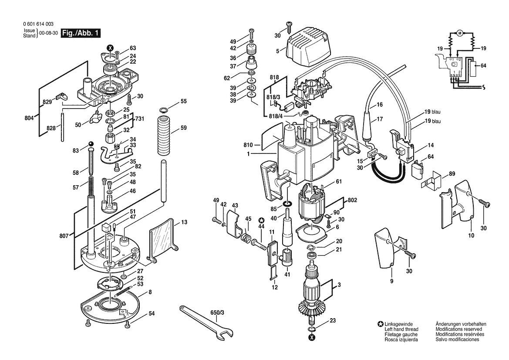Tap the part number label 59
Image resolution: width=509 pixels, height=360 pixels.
click(183, 128)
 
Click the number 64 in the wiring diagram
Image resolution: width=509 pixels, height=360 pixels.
click(483, 66)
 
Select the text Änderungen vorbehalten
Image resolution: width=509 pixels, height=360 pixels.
click(461, 324)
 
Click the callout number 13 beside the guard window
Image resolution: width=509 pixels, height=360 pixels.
click(184, 222)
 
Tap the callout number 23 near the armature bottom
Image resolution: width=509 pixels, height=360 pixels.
click(333, 320)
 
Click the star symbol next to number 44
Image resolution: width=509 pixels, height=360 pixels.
click(261, 220)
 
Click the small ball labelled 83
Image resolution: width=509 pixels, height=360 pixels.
click(91, 144)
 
